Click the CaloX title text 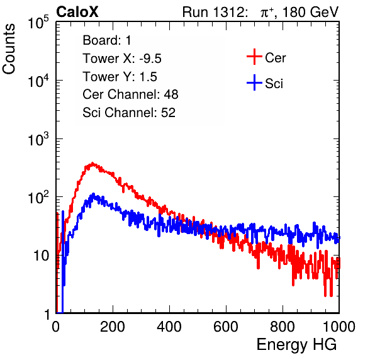coord(77,12)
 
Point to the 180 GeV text coord(310,12)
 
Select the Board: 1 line coord(107,40)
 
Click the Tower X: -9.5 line coord(122,59)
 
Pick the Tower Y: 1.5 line coord(120,77)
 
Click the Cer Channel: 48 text coord(130,94)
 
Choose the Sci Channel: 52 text coord(129,113)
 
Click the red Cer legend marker coord(254,57)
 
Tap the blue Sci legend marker coord(254,82)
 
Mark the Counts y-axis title coord(9,49)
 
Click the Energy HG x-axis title coord(296,345)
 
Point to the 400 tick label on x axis coord(169,327)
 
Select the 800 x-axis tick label coord(283,327)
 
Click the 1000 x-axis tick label coord(339,327)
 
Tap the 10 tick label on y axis coord(41,256)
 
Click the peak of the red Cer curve coord(92,163)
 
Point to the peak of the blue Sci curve coord(94,194)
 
